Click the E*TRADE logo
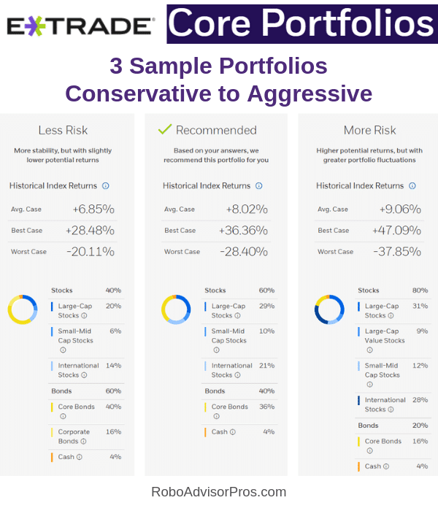[80, 26]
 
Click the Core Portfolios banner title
[301, 23]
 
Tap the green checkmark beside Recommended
[165, 129]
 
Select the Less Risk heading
[63, 130]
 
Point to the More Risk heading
[369, 130]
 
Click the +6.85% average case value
[93, 210]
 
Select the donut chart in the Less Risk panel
[23, 309]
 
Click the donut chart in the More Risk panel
[329, 309]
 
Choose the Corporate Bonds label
[74, 437]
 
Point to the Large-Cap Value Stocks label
[385, 335]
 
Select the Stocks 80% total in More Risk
[420, 291]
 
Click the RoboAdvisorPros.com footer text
[218, 492]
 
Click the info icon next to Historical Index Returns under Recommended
[259, 186]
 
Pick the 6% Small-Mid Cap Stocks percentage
[115, 331]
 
